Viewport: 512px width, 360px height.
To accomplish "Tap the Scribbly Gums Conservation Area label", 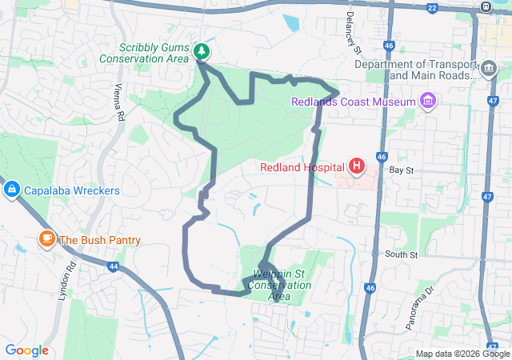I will pyautogui.click(x=155, y=53).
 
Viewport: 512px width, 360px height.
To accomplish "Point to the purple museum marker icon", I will pyautogui.click(x=428, y=102).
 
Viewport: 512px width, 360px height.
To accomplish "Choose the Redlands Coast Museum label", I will pyautogui.click(x=354, y=102).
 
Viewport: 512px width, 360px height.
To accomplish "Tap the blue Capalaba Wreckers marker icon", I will pyautogui.click(x=12, y=190).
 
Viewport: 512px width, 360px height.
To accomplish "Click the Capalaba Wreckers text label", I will pyautogui.click(x=71, y=190).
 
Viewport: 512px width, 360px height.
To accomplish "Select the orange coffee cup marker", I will pyautogui.click(x=46, y=239).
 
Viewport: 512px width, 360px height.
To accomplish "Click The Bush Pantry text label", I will pyautogui.click(x=100, y=239).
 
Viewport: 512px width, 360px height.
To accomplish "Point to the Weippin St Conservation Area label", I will pyautogui.click(x=281, y=285).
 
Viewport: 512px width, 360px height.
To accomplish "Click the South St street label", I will pyautogui.click(x=401, y=254).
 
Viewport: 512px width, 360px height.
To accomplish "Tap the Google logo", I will pyautogui.click(x=26, y=350).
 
